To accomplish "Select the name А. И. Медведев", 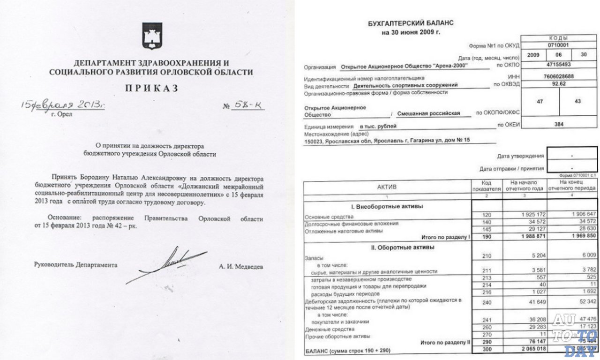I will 241,266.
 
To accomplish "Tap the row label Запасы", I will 314,257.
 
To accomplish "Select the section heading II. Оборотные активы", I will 387,247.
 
